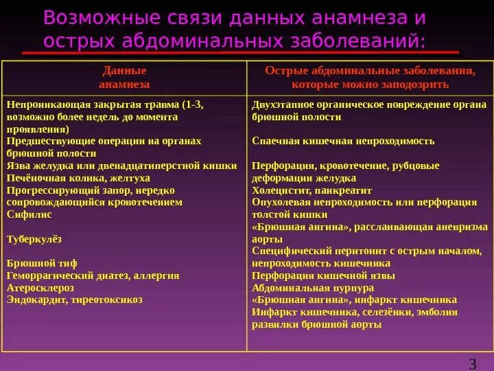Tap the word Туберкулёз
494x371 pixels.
click(34, 238)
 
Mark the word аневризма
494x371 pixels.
click(464, 226)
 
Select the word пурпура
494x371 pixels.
click(352, 287)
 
